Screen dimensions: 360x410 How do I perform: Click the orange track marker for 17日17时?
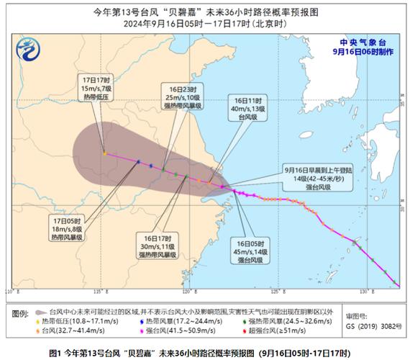coord(104,153)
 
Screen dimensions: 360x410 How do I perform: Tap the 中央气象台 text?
coord(360,42)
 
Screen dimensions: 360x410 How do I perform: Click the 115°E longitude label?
coord(99,292)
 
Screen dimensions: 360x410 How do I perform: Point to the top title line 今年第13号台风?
coord(204,12)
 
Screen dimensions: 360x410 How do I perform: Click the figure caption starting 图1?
coord(204,353)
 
